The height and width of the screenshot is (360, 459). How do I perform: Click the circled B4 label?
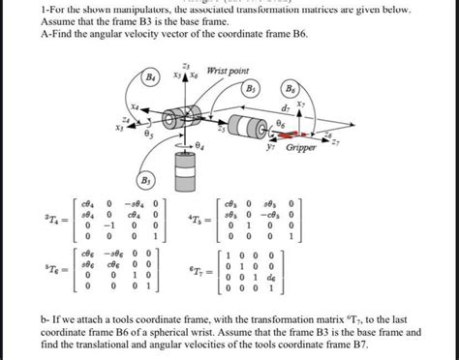click(151, 75)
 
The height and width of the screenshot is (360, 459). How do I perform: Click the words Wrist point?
click(227, 71)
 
